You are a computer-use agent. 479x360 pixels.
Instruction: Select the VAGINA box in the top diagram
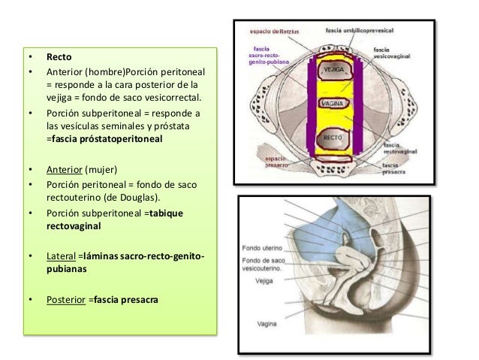[x=332, y=102]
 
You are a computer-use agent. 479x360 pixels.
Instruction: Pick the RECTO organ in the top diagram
[x=333, y=139]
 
